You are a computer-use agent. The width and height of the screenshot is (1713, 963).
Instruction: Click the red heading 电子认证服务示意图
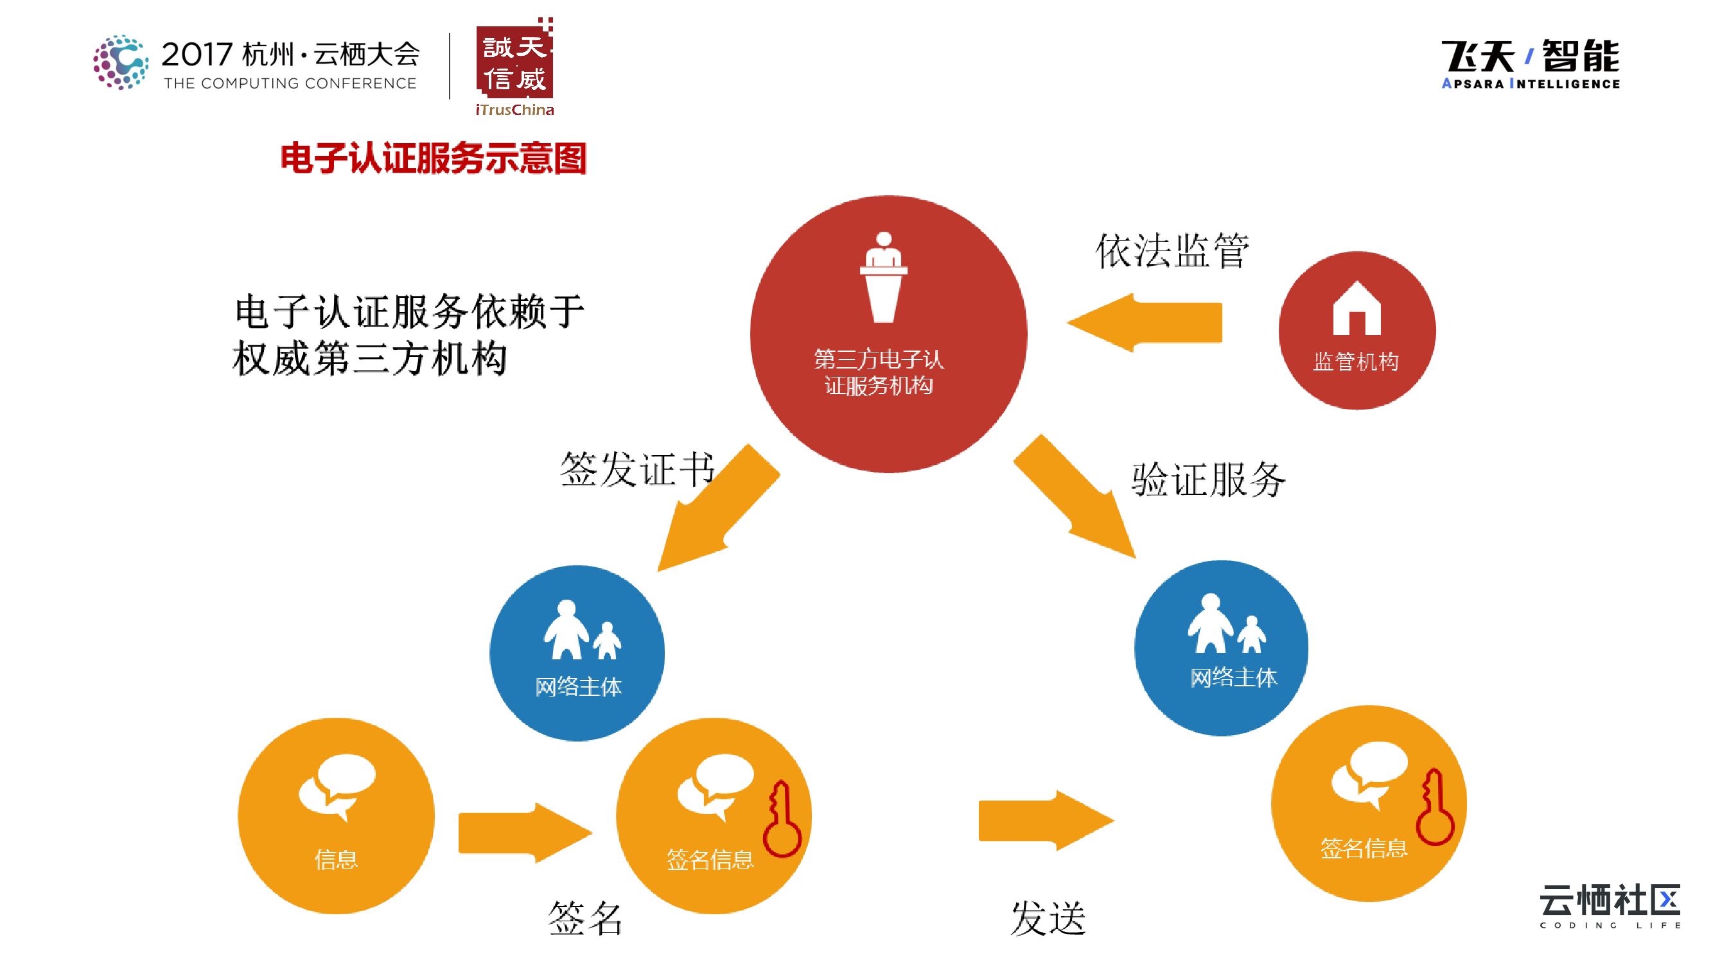433,158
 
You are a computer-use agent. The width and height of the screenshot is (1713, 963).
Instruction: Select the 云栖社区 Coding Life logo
1609,905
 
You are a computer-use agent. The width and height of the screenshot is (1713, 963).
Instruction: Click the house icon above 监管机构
1357,308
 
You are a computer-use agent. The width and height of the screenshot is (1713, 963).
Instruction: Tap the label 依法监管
1172,251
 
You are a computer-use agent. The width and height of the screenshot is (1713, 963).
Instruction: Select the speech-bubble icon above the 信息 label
337,787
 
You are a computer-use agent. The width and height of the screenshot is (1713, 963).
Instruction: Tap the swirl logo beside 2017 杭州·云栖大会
120,62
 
